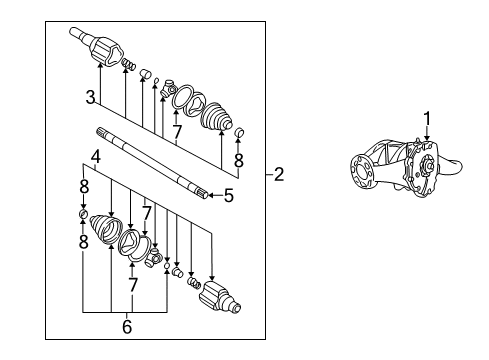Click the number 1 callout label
[427, 119]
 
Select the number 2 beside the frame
[279, 175]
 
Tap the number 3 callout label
[90, 97]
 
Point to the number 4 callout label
[95, 156]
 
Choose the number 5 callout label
[228, 196]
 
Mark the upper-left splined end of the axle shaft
[102, 131]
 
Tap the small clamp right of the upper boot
[239, 132]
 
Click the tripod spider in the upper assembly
[174, 92]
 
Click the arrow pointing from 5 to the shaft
[213, 196]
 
